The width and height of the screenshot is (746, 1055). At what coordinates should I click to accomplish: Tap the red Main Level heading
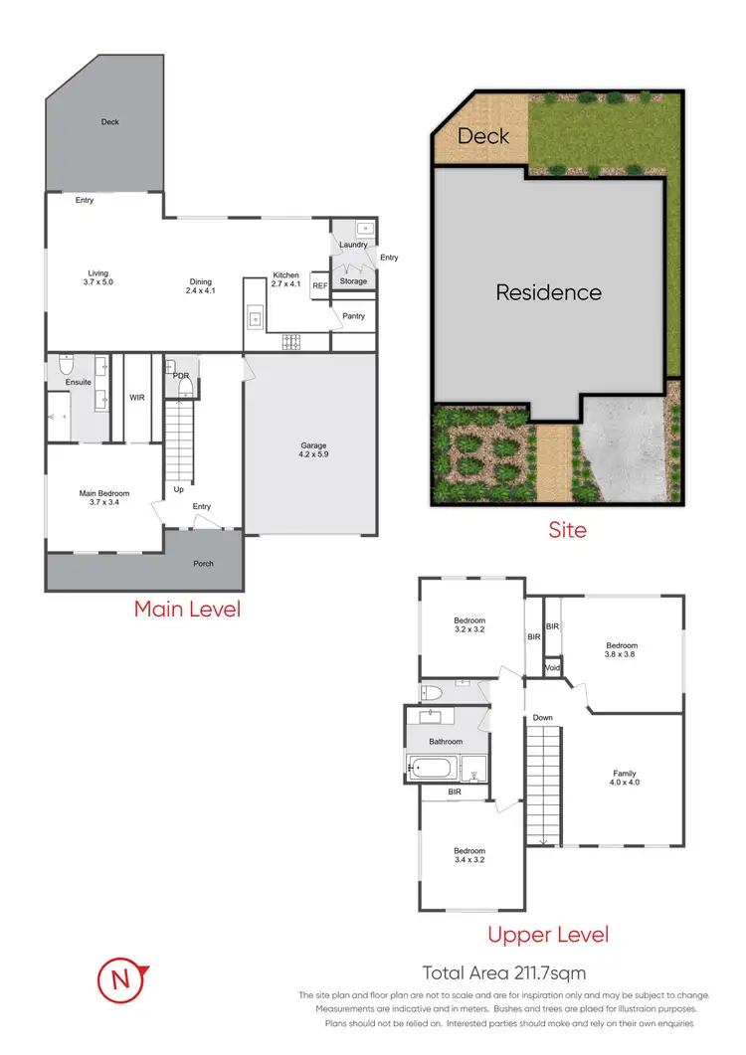coord(187,609)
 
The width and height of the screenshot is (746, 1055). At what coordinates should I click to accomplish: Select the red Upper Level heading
coord(547,935)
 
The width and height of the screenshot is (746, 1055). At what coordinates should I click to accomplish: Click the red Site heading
coord(568,530)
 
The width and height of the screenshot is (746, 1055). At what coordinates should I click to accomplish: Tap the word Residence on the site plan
coord(548,292)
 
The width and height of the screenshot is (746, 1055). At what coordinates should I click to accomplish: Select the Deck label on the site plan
coord(482,136)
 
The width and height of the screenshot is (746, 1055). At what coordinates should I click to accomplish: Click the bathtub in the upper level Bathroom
coord(433,767)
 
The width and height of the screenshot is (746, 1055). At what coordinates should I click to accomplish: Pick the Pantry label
coord(353,316)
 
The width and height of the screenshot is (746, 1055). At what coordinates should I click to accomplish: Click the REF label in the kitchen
coord(319,285)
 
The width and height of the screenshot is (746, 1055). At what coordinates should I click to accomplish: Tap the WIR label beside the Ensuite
coord(137,397)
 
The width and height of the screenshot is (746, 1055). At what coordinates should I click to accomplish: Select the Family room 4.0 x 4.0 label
coord(624,778)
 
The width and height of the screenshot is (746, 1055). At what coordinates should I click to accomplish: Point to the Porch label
coord(203,564)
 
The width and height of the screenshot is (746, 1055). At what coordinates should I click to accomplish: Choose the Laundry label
coord(353,245)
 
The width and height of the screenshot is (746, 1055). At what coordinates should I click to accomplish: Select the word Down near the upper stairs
coord(542,717)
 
